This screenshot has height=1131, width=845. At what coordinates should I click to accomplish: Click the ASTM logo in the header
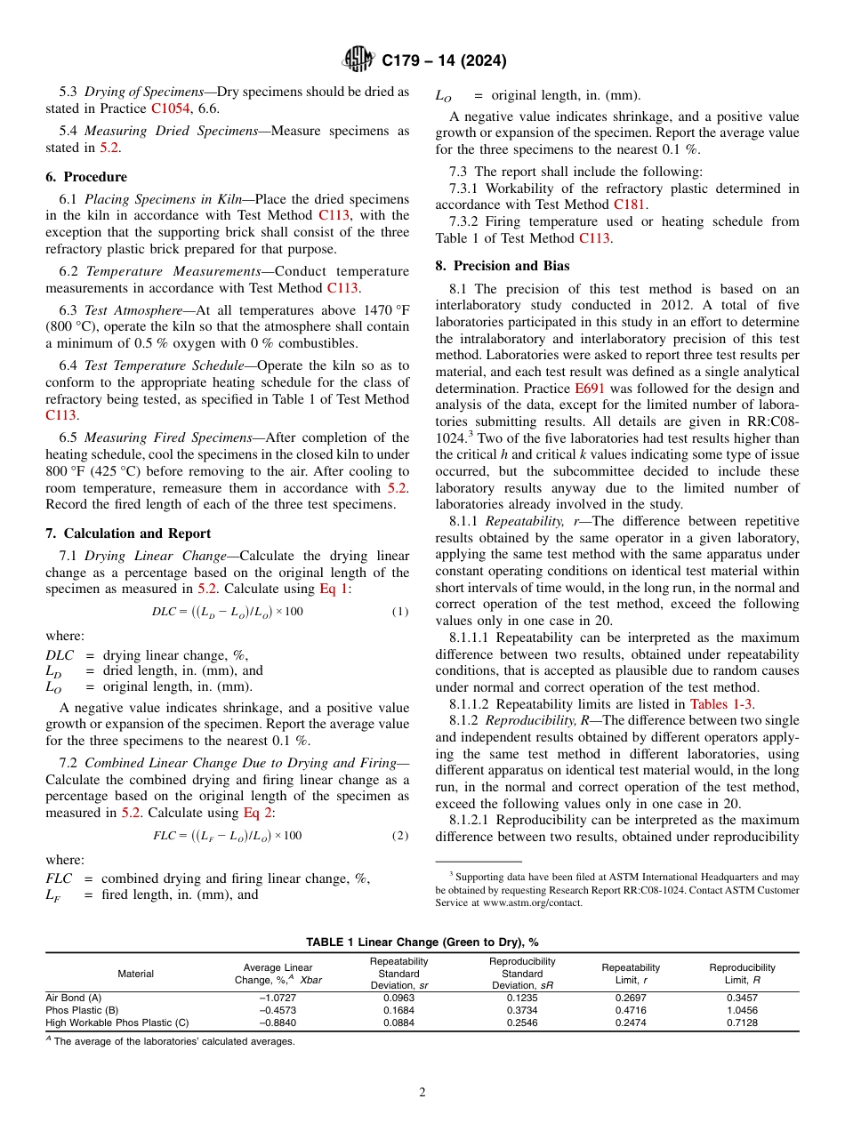359,60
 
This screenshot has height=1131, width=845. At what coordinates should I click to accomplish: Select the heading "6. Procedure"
86,177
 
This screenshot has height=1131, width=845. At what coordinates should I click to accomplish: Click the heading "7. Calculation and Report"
128,533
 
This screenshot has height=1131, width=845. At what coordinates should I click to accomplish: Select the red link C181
630,205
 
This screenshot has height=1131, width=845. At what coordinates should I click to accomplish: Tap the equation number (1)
400,612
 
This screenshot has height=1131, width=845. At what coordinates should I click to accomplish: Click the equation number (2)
400,836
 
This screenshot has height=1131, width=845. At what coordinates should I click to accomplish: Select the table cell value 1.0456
742,1010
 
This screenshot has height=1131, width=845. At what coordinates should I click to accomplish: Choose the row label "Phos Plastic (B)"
82,1010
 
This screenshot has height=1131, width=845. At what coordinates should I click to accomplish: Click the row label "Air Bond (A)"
74,998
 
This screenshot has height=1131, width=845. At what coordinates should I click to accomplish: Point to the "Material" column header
136,974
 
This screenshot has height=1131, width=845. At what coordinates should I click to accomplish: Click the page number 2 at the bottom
422,1093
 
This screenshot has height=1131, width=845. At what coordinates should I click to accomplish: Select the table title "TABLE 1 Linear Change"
422,942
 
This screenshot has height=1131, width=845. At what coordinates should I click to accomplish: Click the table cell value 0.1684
399,1010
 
